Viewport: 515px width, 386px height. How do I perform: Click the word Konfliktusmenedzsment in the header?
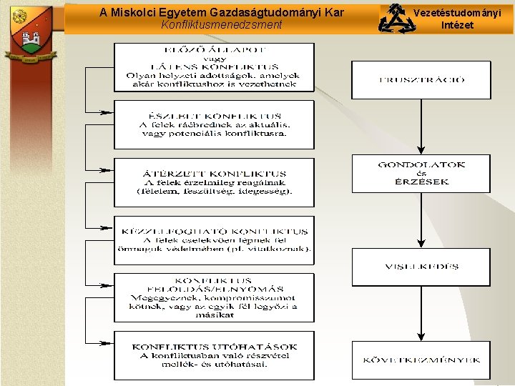click(x=222, y=25)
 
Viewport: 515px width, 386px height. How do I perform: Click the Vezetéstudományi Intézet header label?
click(x=457, y=19)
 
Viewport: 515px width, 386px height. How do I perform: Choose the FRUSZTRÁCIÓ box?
click(x=421, y=80)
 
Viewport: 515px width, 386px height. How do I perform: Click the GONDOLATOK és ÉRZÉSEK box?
click(x=421, y=173)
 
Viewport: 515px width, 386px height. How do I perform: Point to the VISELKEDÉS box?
click(x=421, y=267)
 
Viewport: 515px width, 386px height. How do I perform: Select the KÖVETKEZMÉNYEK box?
click(x=421, y=360)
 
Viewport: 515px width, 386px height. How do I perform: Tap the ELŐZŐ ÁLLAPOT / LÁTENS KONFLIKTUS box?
click(x=214, y=67)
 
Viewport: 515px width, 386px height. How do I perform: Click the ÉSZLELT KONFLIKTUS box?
click(x=214, y=124)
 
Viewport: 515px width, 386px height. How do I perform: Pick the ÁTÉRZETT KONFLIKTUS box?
click(x=214, y=182)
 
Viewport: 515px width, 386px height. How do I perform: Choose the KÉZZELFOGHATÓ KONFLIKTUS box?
click(x=214, y=239)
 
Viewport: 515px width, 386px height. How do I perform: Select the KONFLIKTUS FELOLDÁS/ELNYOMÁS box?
click(x=214, y=297)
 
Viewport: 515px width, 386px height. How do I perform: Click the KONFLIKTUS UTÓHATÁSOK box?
click(x=214, y=355)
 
